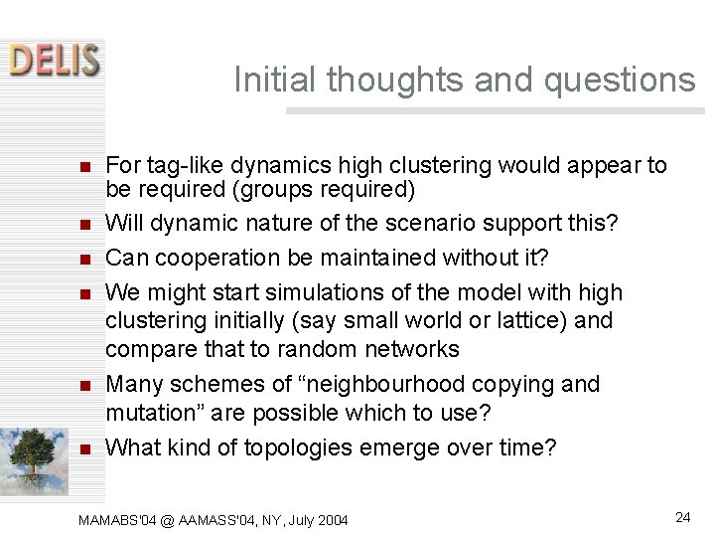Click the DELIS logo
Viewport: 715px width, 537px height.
[55, 59]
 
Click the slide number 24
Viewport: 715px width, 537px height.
[682, 517]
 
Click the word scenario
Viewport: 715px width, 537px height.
[448, 224]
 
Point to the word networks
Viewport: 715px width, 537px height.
[409, 349]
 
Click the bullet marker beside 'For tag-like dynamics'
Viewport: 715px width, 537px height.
[85, 166]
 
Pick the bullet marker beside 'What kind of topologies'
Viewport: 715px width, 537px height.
[85, 448]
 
